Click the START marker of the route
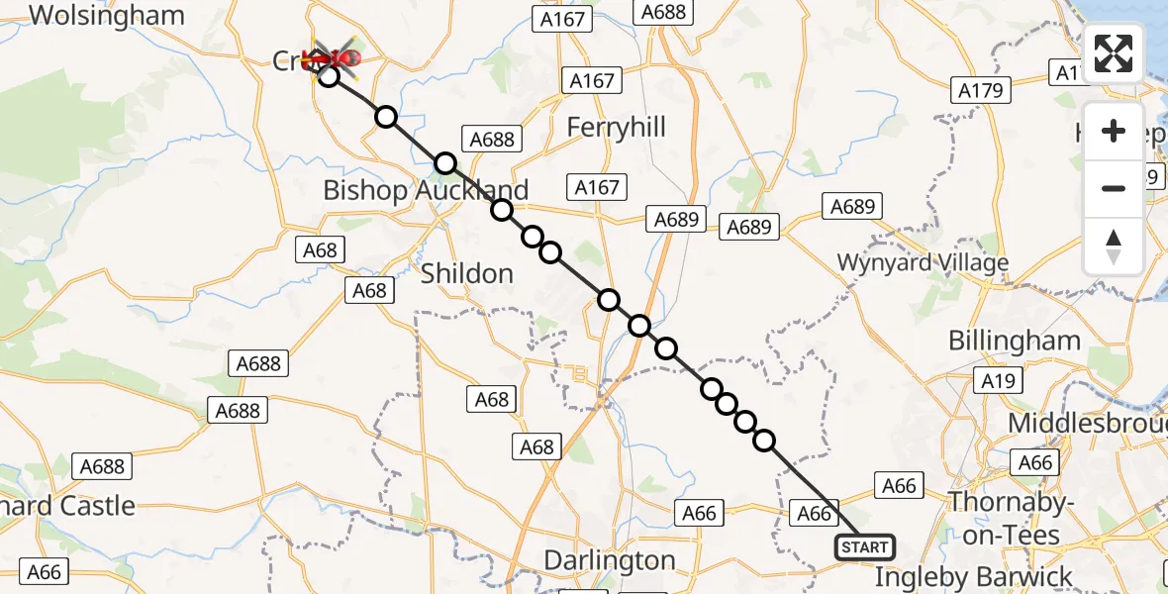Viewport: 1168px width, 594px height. tap(865, 546)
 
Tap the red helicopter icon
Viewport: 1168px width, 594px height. tap(334, 60)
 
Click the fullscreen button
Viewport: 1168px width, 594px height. tap(1114, 53)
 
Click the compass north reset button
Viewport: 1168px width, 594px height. tap(1114, 247)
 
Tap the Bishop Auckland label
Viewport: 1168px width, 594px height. tap(426, 190)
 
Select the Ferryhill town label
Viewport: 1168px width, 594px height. tap(616, 128)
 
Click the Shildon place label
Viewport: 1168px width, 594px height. tap(467, 273)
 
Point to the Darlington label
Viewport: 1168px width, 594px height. tap(609, 560)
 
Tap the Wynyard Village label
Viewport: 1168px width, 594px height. tap(923, 263)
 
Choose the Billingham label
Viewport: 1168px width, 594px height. tap(1014, 341)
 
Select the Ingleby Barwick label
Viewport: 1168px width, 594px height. tap(973, 576)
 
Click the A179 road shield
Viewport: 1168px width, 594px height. tap(981, 91)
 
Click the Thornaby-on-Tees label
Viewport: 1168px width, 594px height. tap(1011, 518)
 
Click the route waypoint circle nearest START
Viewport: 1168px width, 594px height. tap(764, 441)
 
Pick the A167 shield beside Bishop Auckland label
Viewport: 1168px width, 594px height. tap(597, 187)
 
